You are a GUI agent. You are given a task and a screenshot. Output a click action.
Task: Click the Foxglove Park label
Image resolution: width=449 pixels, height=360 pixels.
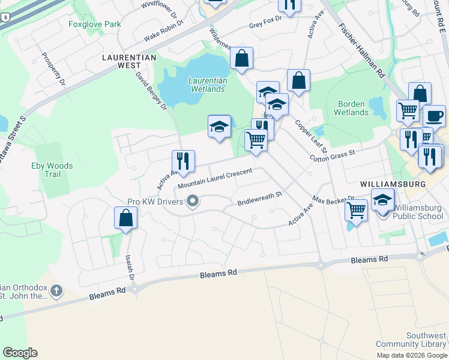[x=95, y=25]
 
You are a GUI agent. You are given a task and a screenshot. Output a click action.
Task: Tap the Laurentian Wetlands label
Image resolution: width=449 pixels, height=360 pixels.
[x=208, y=85]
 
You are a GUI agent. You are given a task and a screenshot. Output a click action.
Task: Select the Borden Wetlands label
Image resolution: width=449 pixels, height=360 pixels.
[x=351, y=108]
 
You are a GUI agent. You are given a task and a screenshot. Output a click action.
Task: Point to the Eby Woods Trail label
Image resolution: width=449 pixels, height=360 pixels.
[x=53, y=170]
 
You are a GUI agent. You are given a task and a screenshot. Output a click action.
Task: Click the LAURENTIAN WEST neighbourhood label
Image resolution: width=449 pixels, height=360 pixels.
[x=129, y=61]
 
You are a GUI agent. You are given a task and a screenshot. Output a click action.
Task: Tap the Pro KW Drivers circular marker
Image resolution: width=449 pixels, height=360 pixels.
[x=193, y=202]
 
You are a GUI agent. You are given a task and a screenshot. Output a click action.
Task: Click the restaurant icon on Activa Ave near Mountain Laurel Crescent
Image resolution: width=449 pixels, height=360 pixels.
[x=183, y=161]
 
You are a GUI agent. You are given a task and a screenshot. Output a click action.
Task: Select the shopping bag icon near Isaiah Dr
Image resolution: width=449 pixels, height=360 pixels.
[x=126, y=218]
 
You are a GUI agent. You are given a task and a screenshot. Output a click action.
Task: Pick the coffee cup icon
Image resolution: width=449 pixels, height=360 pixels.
[x=434, y=115]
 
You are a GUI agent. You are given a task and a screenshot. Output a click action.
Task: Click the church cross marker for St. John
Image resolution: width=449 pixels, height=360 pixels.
[x=56, y=292]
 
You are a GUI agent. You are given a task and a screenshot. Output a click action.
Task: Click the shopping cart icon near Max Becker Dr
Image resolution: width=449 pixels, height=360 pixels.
[x=357, y=211]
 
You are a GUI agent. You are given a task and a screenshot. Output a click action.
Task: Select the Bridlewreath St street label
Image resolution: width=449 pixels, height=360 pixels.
[x=259, y=199]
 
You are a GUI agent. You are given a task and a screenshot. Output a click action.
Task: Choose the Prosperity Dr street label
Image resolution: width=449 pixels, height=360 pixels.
[x=53, y=68]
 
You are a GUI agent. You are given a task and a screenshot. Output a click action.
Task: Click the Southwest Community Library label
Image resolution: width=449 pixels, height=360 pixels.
[x=412, y=340]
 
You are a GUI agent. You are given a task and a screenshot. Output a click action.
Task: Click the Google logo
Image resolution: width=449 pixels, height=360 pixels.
[x=20, y=353]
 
